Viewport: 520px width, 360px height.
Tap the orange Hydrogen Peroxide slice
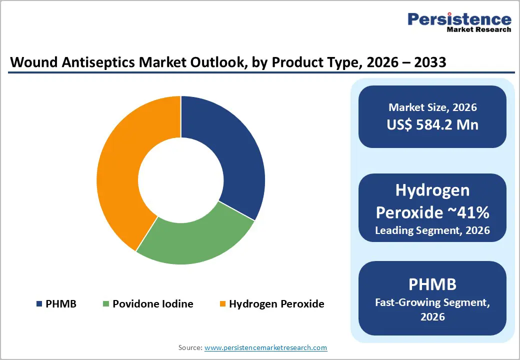click(x=120, y=170)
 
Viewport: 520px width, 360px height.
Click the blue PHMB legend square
click(x=39, y=304)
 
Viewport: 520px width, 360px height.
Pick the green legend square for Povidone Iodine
click(x=106, y=304)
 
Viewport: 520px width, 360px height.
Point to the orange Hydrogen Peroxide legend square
click(x=223, y=304)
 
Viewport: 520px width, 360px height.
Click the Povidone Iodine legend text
click(x=152, y=304)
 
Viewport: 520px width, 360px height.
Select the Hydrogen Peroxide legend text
click(x=276, y=304)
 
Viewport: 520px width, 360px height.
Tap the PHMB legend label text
click(x=61, y=304)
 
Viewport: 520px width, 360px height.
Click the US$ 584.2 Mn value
click(x=432, y=124)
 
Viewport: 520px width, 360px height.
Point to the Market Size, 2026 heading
click(x=432, y=107)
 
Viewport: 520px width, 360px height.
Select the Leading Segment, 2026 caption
click(x=432, y=230)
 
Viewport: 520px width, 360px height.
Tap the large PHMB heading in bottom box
click(x=432, y=284)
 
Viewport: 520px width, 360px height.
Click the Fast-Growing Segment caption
click(x=432, y=302)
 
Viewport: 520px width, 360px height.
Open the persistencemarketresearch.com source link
click(x=265, y=347)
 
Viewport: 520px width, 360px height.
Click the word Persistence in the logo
click(x=459, y=19)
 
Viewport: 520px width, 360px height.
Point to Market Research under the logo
click(x=478, y=30)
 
